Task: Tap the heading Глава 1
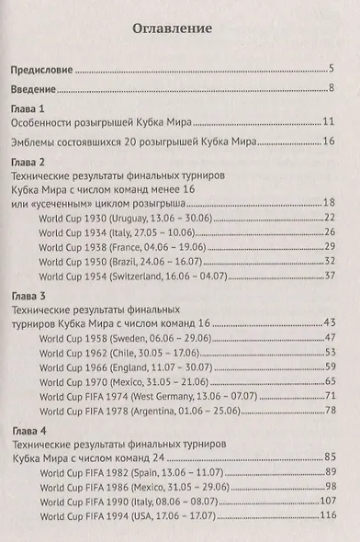[27, 108]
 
